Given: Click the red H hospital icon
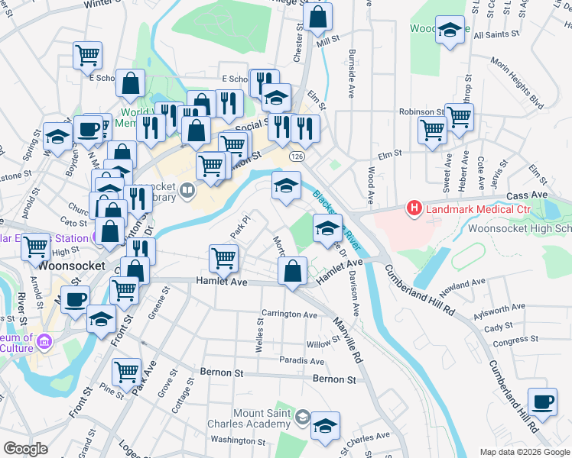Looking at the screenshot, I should click(x=414, y=208).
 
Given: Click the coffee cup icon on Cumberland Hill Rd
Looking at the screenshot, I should click(x=543, y=402).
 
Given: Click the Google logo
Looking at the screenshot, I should click(x=26, y=449).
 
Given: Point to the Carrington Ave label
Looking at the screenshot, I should click(x=289, y=314).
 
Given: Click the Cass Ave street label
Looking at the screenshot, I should click(x=550, y=195).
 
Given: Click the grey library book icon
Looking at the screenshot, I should click(x=187, y=189).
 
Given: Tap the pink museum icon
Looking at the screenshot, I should click(x=45, y=340).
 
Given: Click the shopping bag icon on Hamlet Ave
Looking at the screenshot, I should click(x=292, y=271).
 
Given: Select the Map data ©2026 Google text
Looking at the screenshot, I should click(x=524, y=451).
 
